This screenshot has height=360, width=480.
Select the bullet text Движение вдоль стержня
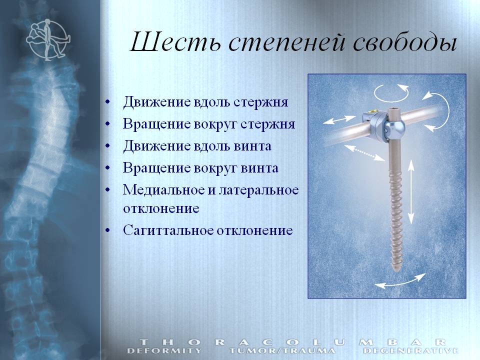pos(205,102)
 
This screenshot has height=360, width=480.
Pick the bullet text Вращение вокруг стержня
pos(209,124)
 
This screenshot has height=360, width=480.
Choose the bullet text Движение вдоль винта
pos(197,146)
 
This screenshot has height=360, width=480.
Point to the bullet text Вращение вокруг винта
pos(201,168)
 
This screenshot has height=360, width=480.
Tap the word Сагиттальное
pos(168,230)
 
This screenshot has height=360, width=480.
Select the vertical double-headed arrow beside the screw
pos(411,192)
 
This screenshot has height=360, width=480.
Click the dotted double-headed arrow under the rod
pos(364,152)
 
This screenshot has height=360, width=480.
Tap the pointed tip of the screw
pos(396,271)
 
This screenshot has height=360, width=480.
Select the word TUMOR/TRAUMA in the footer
pos(282,351)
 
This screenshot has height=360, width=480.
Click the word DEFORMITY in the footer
pos(164,351)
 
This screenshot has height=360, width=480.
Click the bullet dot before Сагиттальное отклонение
pos(107,231)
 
